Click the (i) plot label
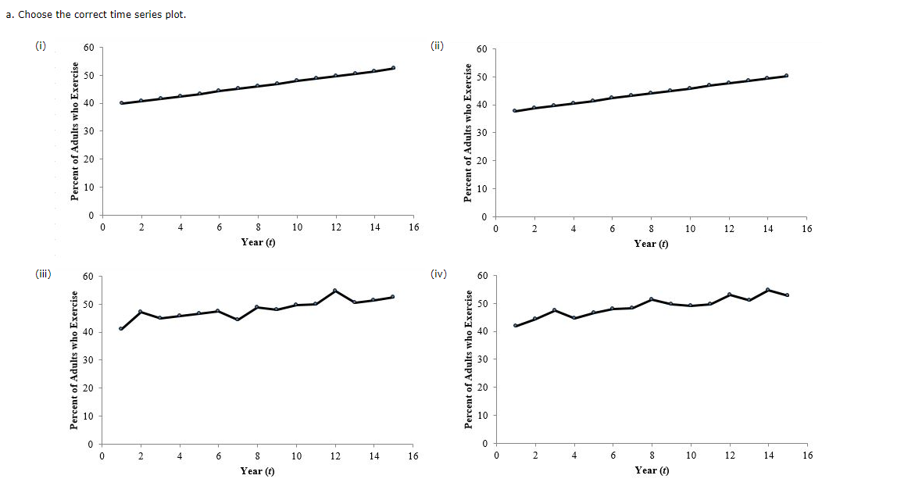pos(40,46)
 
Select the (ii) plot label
pos(437,46)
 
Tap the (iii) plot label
pos(43,273)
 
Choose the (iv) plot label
pos(438,273)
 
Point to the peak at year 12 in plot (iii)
pos(335,291)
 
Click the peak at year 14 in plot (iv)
pos(767,290)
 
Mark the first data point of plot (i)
pos(122,103)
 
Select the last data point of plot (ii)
pos(786,76)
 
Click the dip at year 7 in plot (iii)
pos(238,319)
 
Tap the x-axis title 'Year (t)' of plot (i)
pos(258,242)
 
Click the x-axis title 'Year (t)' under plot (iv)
pos(652,470)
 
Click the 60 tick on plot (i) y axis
pos(89,48)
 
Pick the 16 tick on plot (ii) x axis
pos(806,229)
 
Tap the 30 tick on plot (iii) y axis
pos(89,360)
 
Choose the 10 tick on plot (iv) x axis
pos(691,455)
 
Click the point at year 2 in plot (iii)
pos(141,312)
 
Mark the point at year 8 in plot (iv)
pos(651,299)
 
